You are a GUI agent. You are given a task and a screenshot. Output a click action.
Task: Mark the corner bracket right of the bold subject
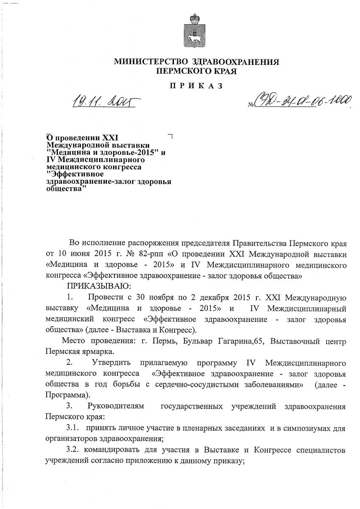(x=170, y=136)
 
